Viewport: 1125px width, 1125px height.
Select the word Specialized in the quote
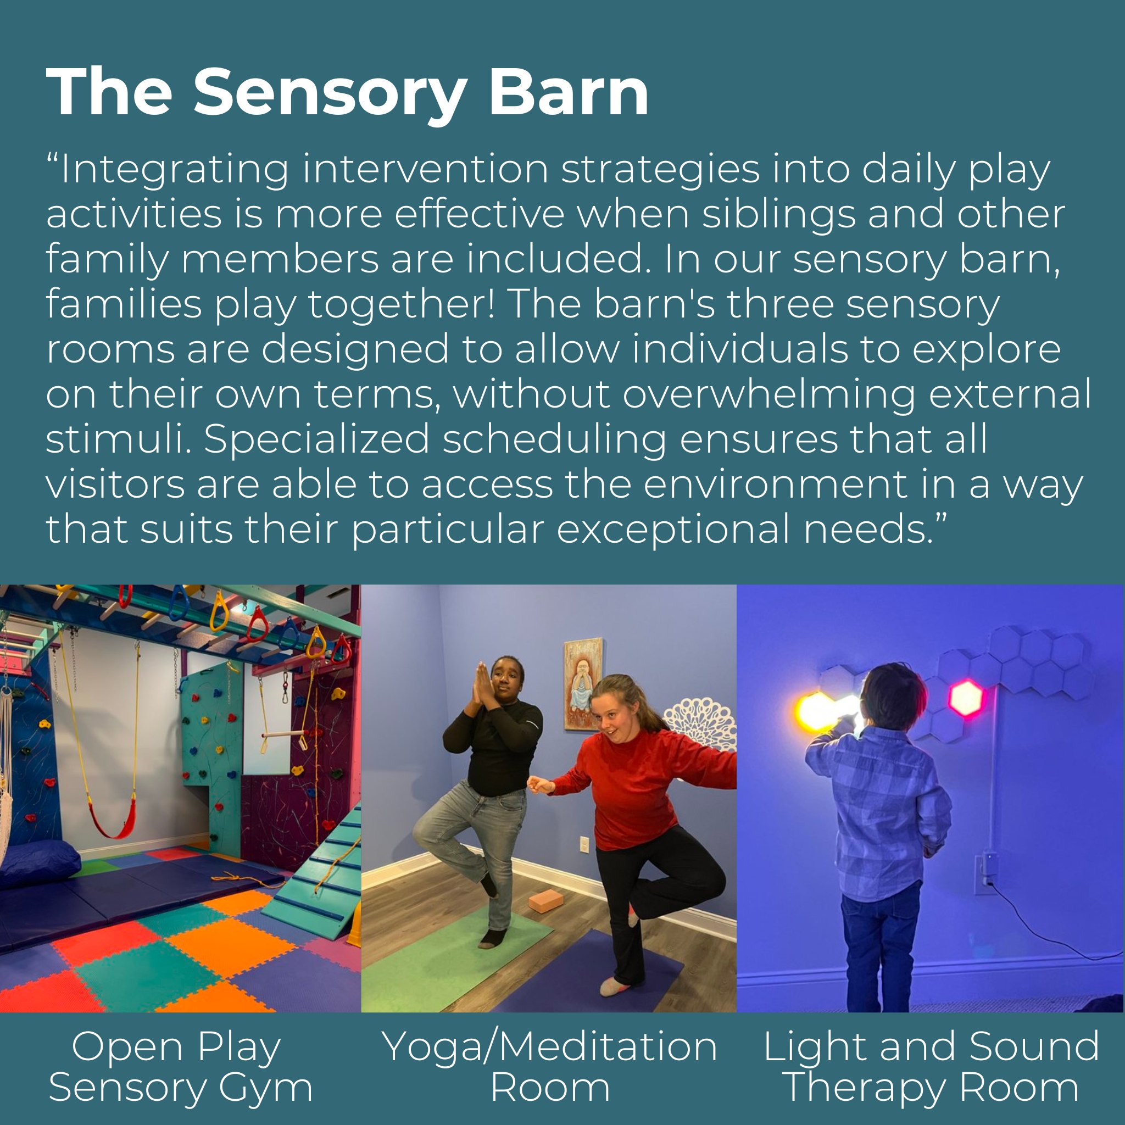coord(316,440)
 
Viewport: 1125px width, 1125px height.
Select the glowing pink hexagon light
coord(966,698)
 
